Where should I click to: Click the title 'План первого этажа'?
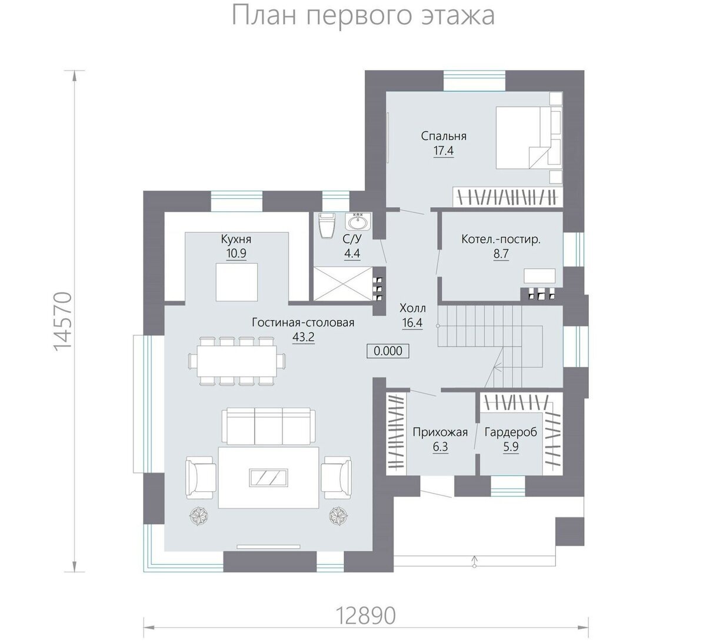pyautogui.click(x=363, y=16)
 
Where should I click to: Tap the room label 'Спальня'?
pyautogui.click(x=444, y=136)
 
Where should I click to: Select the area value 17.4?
pyautogui.click(x=444, y=151)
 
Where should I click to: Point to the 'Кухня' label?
pyautogui.click(x=236, y=239)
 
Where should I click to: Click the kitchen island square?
pyautogui.click(x=237, y=282)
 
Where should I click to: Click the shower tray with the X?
pyautogui.click(x=342, y=284)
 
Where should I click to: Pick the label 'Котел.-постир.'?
pyautogui.click(x=501, y=239)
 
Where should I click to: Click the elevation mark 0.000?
pyautogui.click(x=388, y=351)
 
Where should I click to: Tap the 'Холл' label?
pyautogui.click(x=412, y=308)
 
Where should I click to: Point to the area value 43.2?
pyautogui.click(x=303, y=337)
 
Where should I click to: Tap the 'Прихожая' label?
pyautogui.click(x=440, y=432)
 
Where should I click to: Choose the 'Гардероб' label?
pyautogui.click(x=511, y=432)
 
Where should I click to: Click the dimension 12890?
pyautogui.click(x=365, y=616)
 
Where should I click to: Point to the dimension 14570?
pyautogui.click(x=62, y=321)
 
